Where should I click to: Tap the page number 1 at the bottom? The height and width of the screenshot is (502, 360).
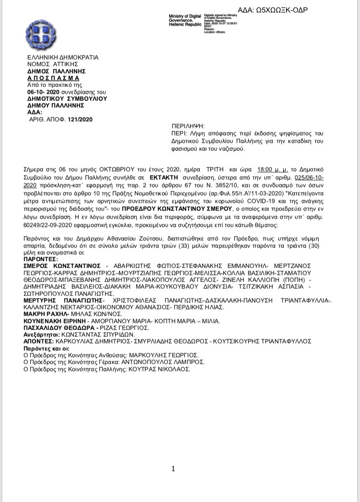click(x=173, y=469)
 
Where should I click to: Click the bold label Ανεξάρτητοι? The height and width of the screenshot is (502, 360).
click(x=41, y=334)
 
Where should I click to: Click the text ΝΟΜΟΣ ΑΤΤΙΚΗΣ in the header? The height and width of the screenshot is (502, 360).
click(x=48, y=63)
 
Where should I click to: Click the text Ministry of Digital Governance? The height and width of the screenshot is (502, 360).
click(x=185, y=19)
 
